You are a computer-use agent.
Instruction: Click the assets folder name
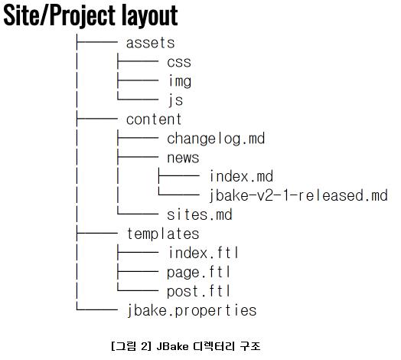click(x=150, y=43)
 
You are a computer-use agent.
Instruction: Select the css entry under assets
click(x=179, y=62)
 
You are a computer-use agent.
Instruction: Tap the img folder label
click(x=180, y=81)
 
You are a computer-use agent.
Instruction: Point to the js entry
click(x=176, y=100)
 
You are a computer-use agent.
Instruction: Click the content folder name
click(x=154, y=119)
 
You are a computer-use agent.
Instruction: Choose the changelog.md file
click(x=216, y=139)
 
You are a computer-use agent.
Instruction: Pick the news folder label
click(x=183, y=158)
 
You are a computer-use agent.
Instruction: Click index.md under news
click(x=241, y=176)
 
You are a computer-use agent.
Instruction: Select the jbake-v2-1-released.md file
click(x=298, y=195)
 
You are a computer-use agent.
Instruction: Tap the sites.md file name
click(x=200, y=214)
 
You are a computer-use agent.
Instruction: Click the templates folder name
click(x=163, y=234)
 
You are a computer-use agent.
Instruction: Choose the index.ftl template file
click(x=204, y=253)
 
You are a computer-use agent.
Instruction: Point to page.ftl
click(x=198, y=272)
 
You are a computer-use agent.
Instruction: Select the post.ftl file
click(x=198, y=291)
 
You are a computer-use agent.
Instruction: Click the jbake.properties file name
click(x=192, y=310)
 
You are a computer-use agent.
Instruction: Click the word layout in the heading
click(x=149, y=15)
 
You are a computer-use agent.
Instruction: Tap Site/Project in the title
click(x=60, y=15)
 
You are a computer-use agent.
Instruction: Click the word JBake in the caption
click(x=172, y=346)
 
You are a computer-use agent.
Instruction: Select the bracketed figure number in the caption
click(x=132, y=346)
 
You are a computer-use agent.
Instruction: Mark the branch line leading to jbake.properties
click(x=97, y=310)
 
